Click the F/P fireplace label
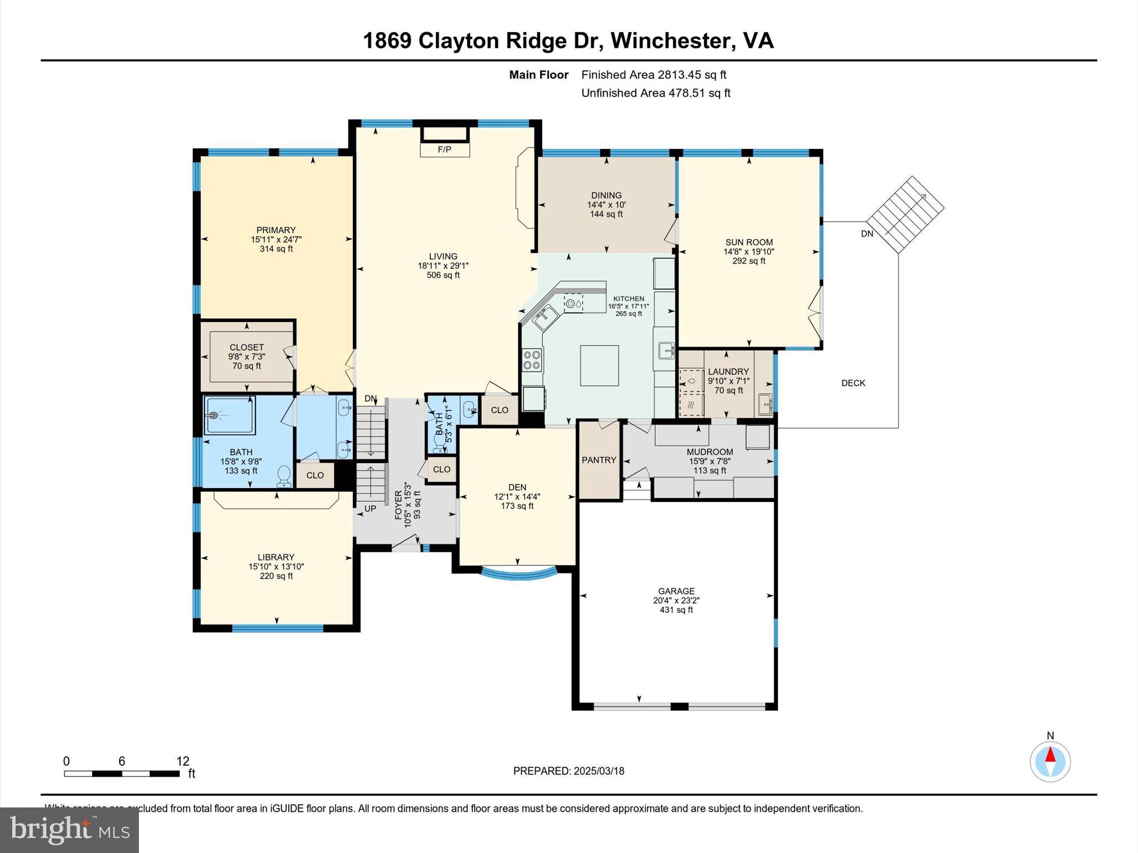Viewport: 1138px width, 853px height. click(x=444, y=150)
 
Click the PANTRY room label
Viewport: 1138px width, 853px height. click(x=598, y=460)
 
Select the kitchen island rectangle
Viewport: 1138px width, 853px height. click(x=599, y=365)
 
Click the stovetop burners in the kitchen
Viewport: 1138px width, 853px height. click(x=532, y=359)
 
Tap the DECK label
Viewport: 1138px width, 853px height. click(x=853, y=383)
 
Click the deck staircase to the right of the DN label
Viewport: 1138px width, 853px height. click(x=905, y=214)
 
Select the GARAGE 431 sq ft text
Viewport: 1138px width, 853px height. click(x=676, y=600)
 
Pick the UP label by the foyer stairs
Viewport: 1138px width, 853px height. click(x=370, y=509)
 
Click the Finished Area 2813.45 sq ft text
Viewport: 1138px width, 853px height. click(x=653, y=75)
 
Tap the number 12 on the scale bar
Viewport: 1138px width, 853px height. click(x=183, y=761)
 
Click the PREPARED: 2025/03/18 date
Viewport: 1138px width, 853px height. click(x=568, y=771)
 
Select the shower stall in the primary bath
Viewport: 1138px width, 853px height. click(x=229, y=415)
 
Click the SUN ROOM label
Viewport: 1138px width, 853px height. click(x=748, y=242)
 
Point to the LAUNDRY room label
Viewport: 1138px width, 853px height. click(x=728, y=372)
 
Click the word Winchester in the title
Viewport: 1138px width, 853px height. click(x=670, y=41)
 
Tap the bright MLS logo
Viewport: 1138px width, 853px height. click(x=69, y=830)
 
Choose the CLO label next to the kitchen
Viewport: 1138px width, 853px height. click(x=499, y=410)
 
